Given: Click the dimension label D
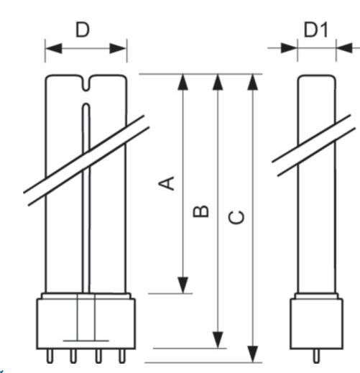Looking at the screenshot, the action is (83, 29).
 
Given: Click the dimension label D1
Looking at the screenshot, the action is (315, 29).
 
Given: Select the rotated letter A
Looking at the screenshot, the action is (167, 183).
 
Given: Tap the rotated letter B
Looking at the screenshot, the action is (200, 211).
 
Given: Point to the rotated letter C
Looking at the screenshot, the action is (236, 217).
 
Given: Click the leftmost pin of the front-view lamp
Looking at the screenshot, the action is (50, 356).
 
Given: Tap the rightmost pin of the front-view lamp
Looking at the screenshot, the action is (122, 356).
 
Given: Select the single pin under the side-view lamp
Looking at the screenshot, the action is (316, 356).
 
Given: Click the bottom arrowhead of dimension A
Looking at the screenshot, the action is (183, 285).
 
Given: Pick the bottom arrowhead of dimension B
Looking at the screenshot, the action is (218, 340).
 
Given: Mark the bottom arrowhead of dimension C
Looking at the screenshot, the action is (252, 354).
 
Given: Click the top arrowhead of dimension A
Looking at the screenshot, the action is (183, 83).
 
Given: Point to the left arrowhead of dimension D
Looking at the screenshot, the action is (54, 48).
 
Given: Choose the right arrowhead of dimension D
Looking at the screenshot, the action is (118, 48).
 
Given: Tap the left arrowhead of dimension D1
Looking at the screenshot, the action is (289, 48).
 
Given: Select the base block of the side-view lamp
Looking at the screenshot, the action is (316, 323).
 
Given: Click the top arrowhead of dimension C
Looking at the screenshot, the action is (252, 83).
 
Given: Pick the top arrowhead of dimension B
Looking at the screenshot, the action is (218, 83).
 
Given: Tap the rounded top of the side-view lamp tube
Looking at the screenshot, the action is (316, 76).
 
